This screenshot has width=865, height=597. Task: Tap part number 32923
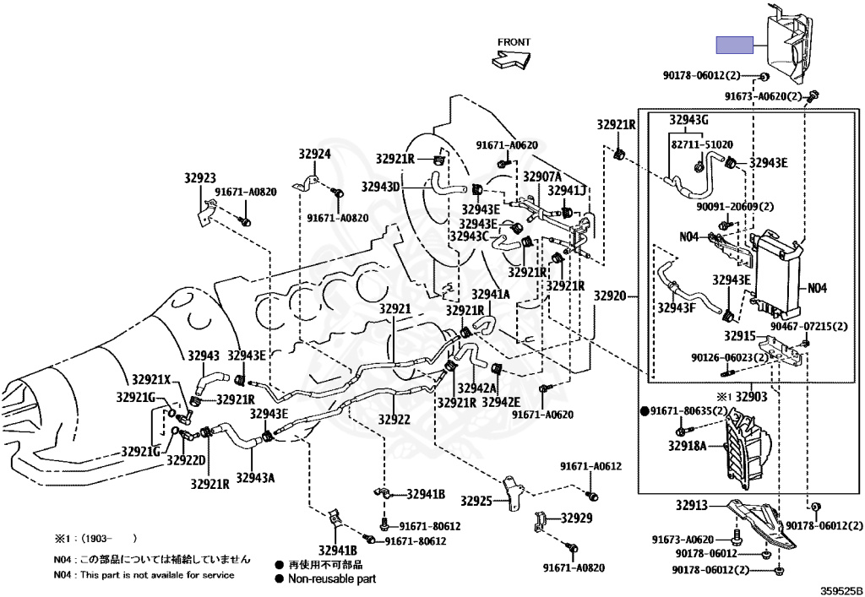pos(201,178)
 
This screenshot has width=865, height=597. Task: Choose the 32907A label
pos(541,176)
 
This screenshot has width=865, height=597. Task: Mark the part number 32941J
pos(567,190)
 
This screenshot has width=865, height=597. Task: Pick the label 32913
pos(690,506)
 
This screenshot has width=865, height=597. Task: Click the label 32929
pos(577,518)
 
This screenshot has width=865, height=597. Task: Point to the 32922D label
pos(185,460)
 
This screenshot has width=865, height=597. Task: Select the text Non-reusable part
pos(332,579)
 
